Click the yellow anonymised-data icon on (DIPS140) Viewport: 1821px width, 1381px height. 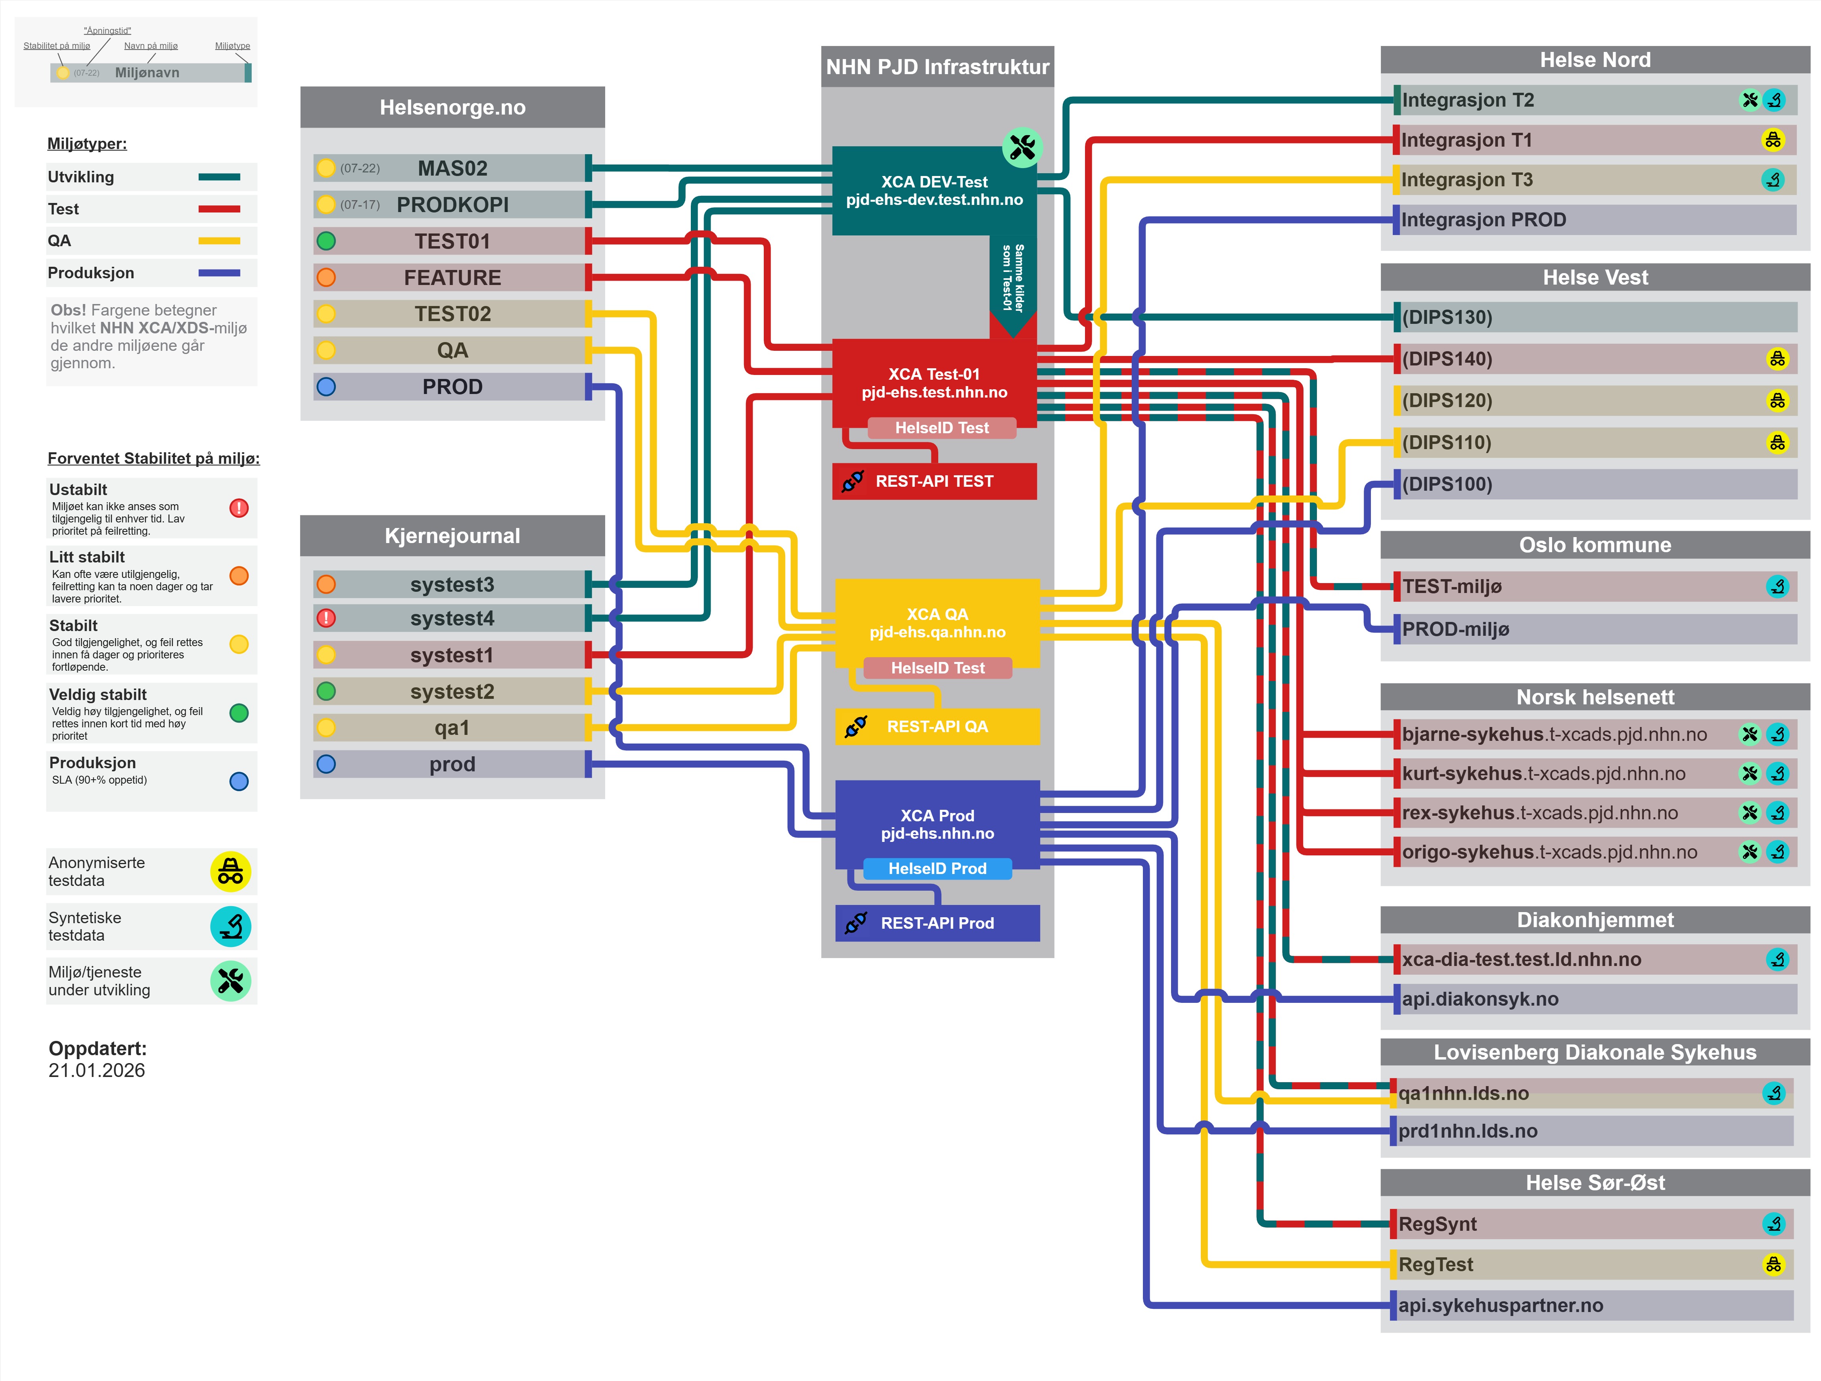click(1777, 359)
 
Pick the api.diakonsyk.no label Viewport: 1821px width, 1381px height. click(1480, 999)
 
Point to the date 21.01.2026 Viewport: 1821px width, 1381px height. click(96, 1071)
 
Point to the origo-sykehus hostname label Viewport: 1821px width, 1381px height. click(1549, 852)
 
